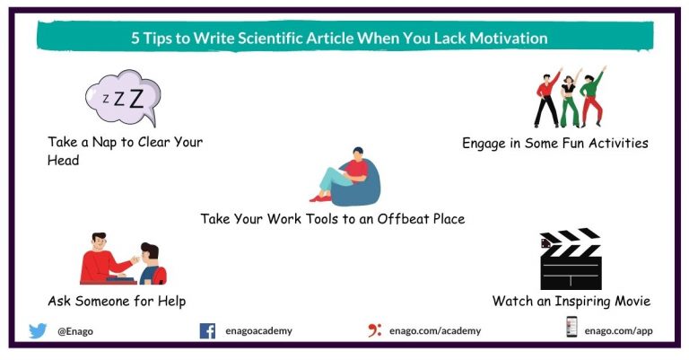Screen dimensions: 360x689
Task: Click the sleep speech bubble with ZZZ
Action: coord(122,98)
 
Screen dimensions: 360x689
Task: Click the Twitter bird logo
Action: coord(38,330)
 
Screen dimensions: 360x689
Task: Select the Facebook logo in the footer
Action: coord(207,330)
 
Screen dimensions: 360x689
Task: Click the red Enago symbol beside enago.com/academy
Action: coord(374,330)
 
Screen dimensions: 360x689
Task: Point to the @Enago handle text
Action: coord(75,331)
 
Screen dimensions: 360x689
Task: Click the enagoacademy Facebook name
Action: coord(257,331)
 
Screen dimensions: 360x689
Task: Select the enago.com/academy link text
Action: coord(435,331)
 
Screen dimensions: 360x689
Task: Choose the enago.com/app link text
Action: coord(618,331)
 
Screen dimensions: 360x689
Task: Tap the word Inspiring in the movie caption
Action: coord(578,301)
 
